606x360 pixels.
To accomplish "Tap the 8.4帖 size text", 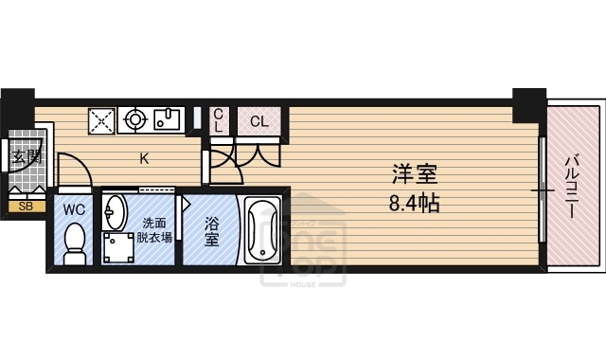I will (x=413, y=202).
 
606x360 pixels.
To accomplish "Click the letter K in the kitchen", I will (x=145, y=159).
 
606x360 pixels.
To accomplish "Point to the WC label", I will (x=74, y=208).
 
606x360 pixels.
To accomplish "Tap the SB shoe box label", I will (x=25, y=206).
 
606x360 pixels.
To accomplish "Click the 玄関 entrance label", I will (x=26, y=157).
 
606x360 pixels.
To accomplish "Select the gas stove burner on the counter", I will (x=134, y=120).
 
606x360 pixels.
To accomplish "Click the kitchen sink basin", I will (x=169, y=120).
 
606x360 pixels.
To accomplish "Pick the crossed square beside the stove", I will (x=102, y=120).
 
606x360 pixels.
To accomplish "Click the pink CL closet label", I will (x=258, y=121).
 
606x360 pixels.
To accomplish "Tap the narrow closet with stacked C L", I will (x=218, y=120).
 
